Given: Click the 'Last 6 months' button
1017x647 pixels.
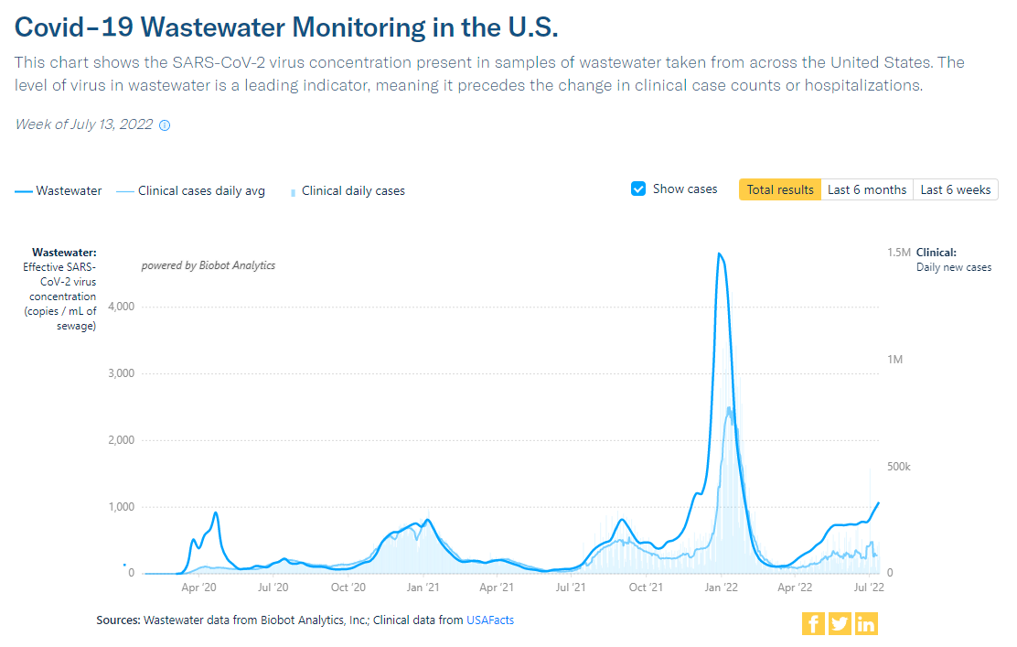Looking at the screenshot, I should [866, 189].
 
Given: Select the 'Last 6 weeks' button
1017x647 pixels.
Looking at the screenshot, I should [955, 189].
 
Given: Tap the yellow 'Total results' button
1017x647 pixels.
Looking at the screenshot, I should [779, 189].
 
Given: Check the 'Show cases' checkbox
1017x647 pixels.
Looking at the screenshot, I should [639, 189].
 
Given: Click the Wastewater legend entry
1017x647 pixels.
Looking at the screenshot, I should [59, 190].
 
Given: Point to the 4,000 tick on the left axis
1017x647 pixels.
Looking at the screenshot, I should [121, 307].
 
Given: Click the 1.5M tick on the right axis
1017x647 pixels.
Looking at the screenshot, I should [899, 252].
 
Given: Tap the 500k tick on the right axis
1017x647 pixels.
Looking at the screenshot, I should [899, 467].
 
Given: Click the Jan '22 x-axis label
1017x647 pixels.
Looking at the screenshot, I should [722, 588].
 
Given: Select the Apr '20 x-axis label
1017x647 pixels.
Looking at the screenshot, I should [198, 588].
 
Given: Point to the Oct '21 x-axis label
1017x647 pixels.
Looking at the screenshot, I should [646, 588].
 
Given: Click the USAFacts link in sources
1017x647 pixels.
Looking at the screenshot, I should [490, 620].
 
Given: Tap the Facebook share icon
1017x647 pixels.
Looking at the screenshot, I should [813, 624].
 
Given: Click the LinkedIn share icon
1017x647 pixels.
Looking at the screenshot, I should [866, 624].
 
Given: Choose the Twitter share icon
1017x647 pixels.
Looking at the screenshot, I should [840, 624].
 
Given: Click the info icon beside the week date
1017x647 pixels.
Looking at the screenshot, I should [165, 125].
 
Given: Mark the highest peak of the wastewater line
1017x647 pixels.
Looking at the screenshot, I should [719, 253].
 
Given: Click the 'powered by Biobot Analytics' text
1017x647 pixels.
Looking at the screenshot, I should [208, 265].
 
